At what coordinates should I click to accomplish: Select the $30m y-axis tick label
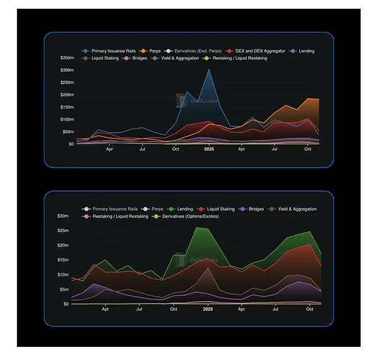(x=62, y=216)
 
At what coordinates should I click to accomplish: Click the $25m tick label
(x=62, y=231)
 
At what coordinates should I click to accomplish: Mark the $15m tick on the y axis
(x=62, y=261)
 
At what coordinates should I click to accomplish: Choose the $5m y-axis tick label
(x=63, y=289)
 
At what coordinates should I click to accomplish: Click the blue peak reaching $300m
(x=209, y=69)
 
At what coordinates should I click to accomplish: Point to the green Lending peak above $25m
(x=199, y=228)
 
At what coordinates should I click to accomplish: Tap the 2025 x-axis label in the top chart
(x=208, y=150)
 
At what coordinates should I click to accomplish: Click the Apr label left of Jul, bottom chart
(x=106, y=309)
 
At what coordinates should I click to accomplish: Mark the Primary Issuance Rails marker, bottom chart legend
(x=87, y=209)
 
